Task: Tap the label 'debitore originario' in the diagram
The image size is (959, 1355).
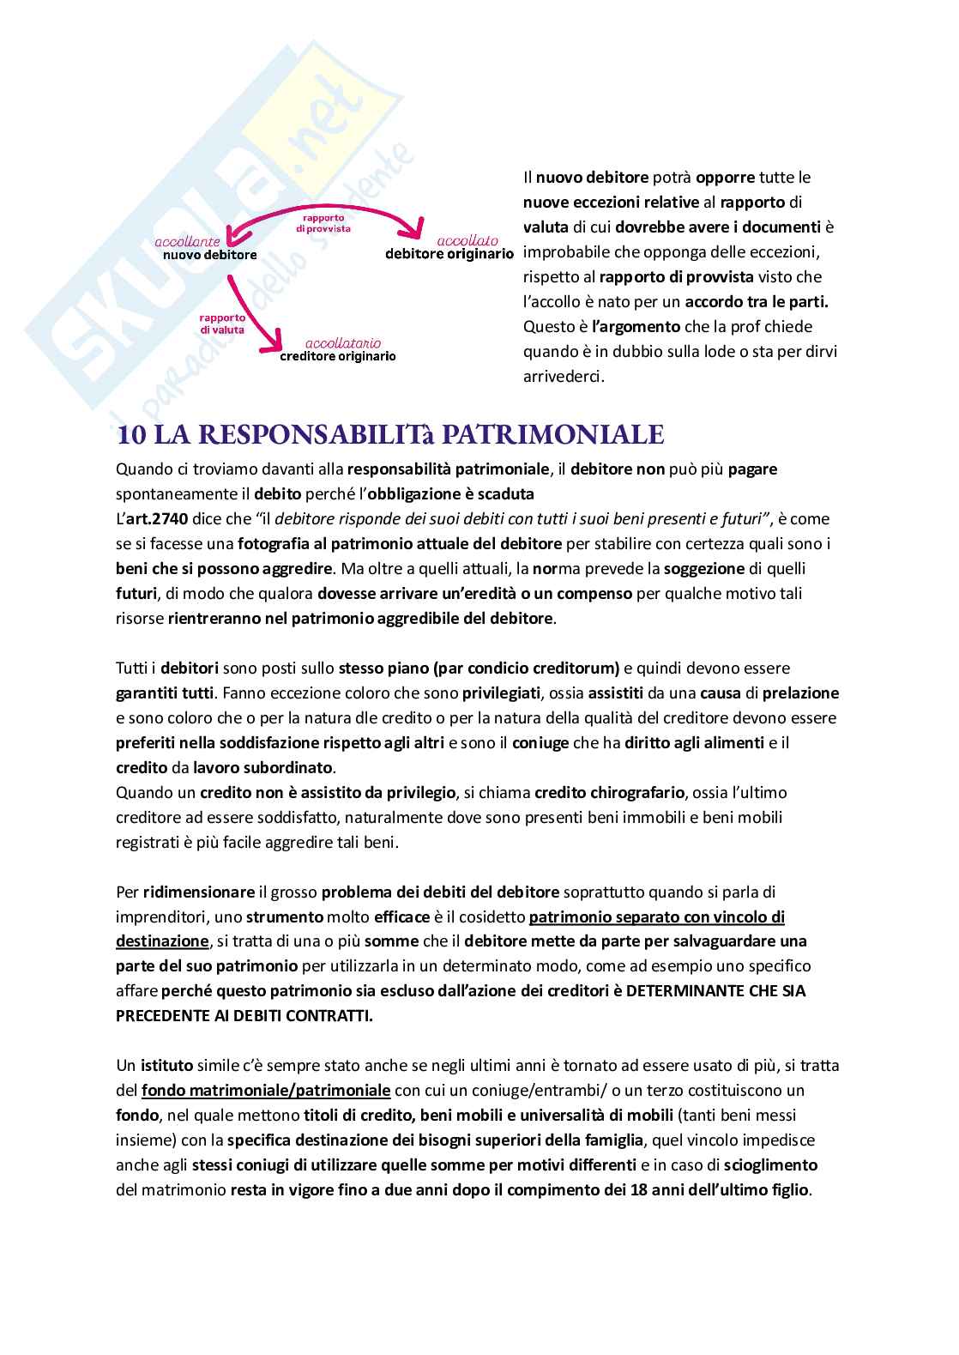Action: pyautogui.click(x=449, y=254)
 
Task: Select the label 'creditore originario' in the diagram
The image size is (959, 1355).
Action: pyautogui.click(x=338, y=356)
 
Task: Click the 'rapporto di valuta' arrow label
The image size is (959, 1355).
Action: pyautogui.click(x=222, y=323)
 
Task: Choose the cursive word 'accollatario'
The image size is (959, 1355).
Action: pyautogui.click(x=338, y=342)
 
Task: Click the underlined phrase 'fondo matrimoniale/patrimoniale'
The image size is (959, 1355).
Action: pyautogui.click(x=265, y=1091)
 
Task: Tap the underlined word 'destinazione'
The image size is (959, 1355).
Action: pyautogui.click(x=161, y=941)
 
